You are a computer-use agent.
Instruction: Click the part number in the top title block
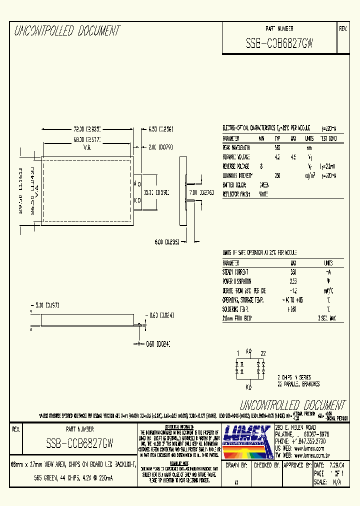pyautogui.click(x=279, y=43)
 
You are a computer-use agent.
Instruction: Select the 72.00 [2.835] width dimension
pyautogui.click(x=87, y=128)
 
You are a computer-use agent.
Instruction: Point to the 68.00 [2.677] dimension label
pyautogui.click(x=87, y=140)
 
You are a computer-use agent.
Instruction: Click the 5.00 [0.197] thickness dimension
pyautogui.click(x=44, y=304)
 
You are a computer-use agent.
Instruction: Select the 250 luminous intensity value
pyautogui.click(x=277, y=175)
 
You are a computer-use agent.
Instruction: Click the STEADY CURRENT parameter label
pyautogui.click(x=235, y=272)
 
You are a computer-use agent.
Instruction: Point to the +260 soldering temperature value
pyautogui.click(x=292, y=308)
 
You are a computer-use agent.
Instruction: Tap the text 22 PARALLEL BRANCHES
pyautogui.click(x=298, y=384)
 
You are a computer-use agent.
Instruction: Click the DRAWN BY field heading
pyautogui.click(x=237, y=465)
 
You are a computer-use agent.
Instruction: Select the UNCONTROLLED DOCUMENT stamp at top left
pyautogui.click(x=67, y=31)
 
